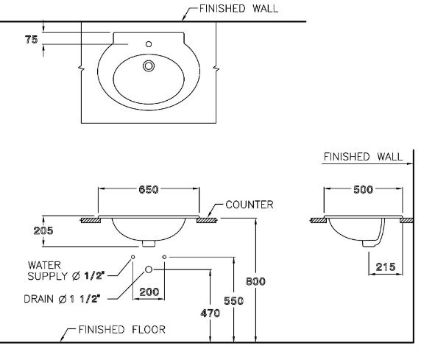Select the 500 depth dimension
[x=363, y=189]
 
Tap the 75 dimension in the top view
[x=30, y=40]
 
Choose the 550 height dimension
[x=233, y=301]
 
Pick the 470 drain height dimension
[x=210, y=312]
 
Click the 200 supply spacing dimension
[x=149, y=292]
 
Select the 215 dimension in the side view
[x=384, y=267]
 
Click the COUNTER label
[x=250, y=205]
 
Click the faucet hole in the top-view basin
[x=149, y=45]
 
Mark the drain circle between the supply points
[x=149, y=269]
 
